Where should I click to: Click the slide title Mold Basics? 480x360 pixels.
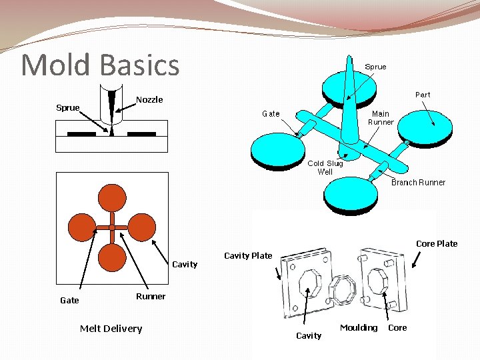pos(101,65)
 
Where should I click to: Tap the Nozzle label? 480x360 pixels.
pos(149,100)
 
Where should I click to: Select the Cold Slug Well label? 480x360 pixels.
pos(325,167)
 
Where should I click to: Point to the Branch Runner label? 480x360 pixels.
pos(418,182)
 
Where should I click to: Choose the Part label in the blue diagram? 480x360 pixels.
pos(423,95)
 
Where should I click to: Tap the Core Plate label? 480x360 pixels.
pos(437,243)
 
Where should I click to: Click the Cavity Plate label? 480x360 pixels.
pos(248,255)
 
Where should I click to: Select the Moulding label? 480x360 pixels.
pos(359,327)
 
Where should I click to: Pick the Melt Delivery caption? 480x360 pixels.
pos(111,328)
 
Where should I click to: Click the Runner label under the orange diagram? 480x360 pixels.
pos(151,297)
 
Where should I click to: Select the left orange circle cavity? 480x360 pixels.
pos(83,227)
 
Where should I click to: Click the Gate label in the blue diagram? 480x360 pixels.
pos(271,113)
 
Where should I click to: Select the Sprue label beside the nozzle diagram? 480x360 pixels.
pos(67,107)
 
